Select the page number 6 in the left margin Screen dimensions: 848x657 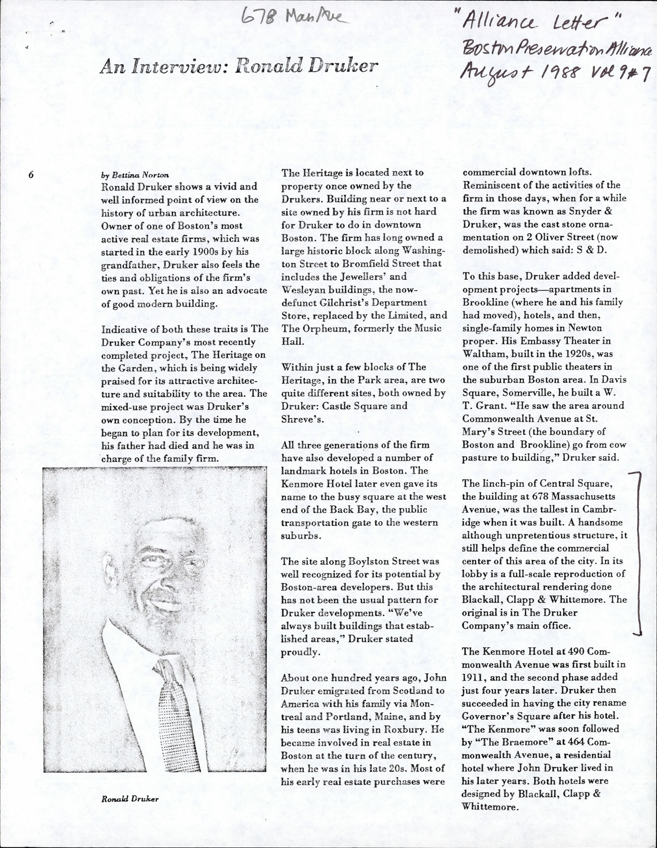click(32, 175)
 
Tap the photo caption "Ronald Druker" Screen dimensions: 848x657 click(130, 799)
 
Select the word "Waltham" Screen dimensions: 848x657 click(481, 353)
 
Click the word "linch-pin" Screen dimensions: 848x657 click(503, 483)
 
